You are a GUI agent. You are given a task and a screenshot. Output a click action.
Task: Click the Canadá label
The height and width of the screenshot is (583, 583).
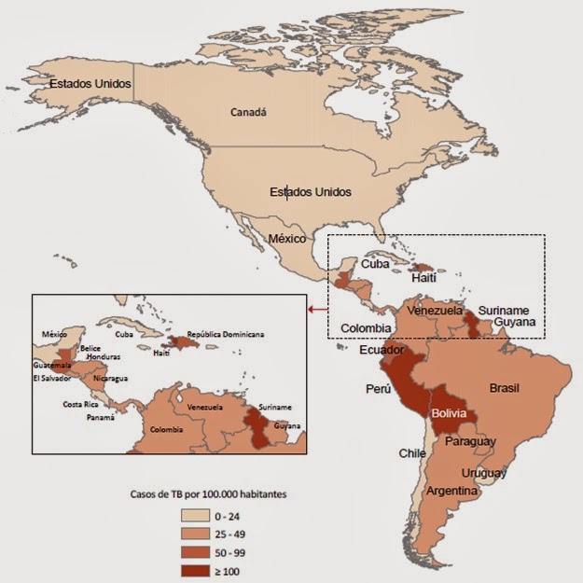[x=248, y=112]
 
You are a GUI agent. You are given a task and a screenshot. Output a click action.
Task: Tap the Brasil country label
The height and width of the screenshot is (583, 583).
[x=504, y=388]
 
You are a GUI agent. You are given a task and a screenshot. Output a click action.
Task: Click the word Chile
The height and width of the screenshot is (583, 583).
[x=412, y=453]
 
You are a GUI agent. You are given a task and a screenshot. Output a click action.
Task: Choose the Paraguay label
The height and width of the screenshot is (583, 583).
[x=471, y=441]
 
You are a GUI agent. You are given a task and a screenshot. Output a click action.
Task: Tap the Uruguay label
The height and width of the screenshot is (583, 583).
[x=484, y=473]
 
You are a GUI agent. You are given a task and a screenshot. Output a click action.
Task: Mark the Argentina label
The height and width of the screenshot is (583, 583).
[x=452, y=491]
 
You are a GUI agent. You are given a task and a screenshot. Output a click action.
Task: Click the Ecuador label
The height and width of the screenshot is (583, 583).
[x=382, y=351]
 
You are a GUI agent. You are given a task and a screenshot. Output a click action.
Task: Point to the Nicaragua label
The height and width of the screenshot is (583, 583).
[x=111, y=379]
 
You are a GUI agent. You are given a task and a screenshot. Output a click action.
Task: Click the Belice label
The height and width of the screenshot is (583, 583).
[x=90, y=348]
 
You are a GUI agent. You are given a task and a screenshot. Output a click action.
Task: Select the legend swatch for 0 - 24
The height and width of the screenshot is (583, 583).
[x=194, y=514]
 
